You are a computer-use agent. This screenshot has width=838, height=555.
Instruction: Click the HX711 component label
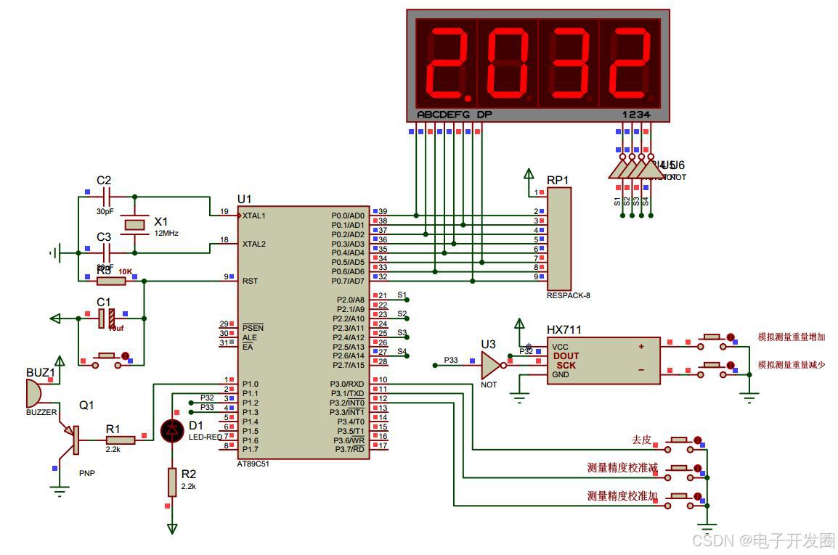(564, 329)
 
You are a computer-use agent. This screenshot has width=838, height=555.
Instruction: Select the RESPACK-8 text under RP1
(569, 295)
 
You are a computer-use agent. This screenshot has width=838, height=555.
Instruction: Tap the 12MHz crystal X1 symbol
(136, 224)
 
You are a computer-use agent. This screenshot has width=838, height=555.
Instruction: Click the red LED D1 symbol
(172, 430)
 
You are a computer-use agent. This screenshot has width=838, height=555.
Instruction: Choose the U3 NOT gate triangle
(491, 365)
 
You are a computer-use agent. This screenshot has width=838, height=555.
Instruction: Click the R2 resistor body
(172, 480)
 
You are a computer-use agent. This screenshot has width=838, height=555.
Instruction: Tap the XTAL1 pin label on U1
(254, 215)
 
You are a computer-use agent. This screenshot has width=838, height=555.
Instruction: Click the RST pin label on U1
(249, 281)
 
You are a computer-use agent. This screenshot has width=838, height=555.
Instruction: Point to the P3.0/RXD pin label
(348, 384)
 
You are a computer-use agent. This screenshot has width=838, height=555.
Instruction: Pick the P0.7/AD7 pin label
(348, 281)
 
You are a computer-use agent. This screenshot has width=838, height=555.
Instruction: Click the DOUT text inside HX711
(566, 356)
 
